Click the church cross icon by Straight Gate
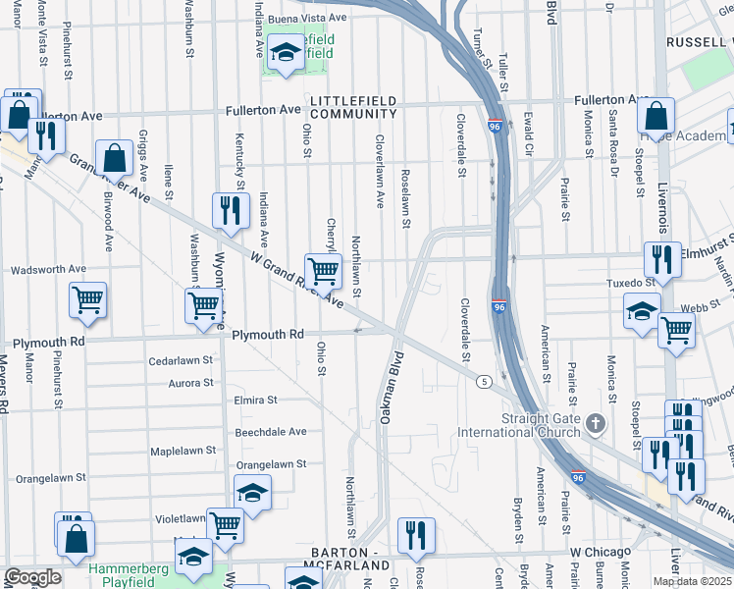click(595, 424)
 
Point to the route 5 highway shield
click(484, 381)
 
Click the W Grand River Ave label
click(295, 281)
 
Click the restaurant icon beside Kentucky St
click(230, 210)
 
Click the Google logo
click(31, 577)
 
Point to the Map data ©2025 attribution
click(692, 581)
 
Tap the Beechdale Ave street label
click(270, 431)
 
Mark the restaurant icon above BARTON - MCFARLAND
click(416, 534)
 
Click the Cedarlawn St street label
click(181, 360)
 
